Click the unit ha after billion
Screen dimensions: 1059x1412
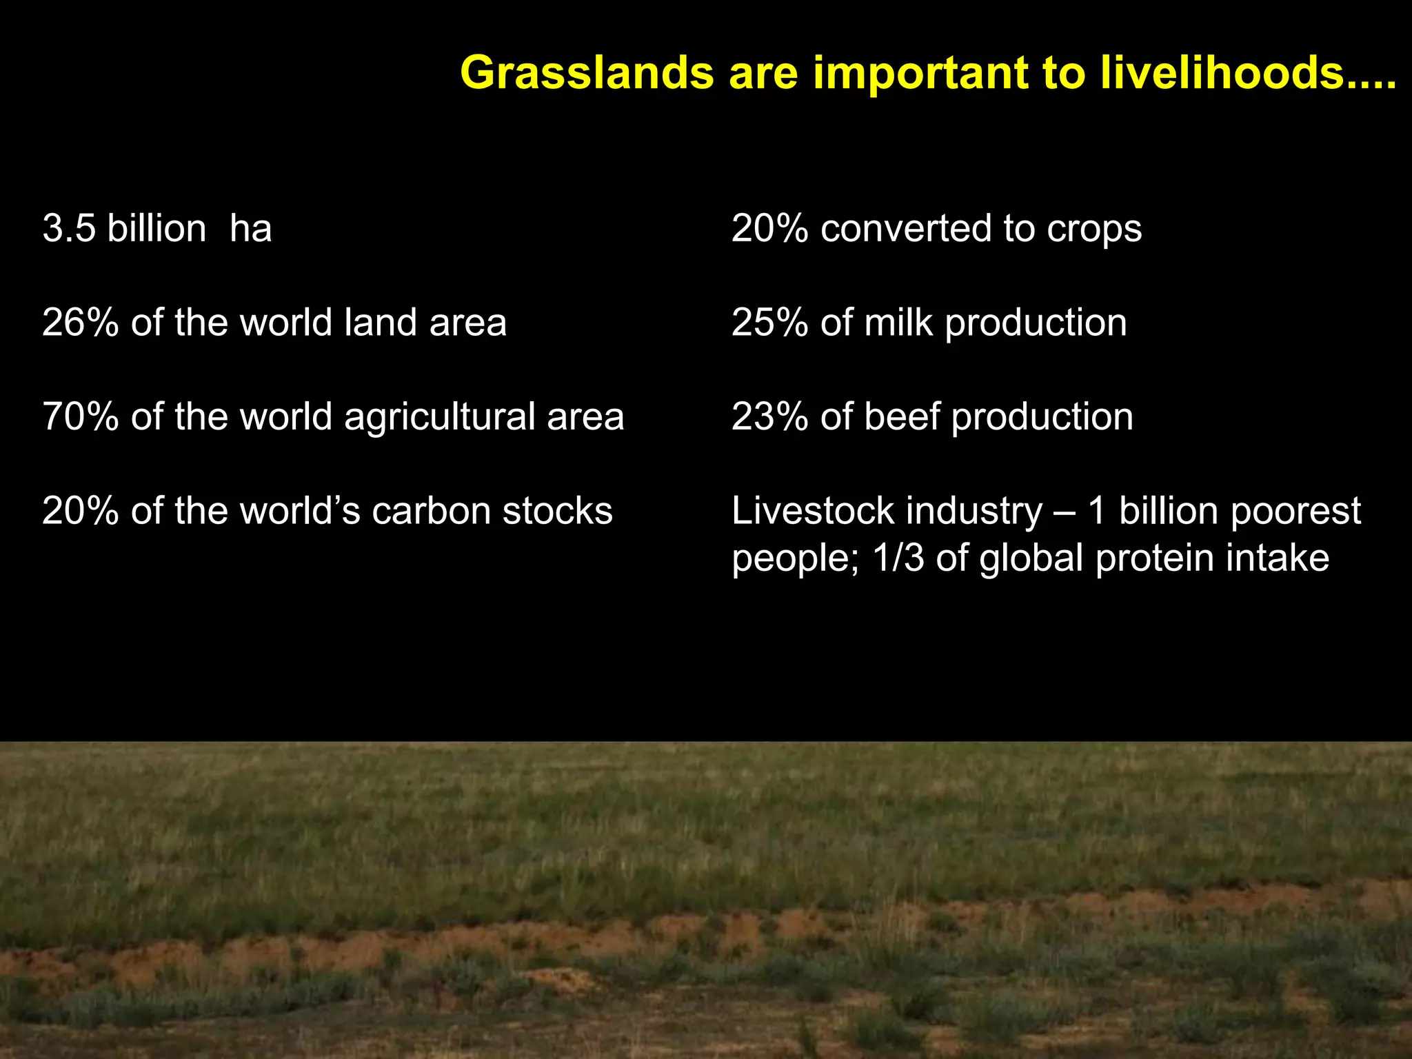pyautogui.click(x=250, y=229)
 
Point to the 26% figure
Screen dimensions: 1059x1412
pyautogui.click(x=80, y=323)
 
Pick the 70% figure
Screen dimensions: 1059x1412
pyautogui.click(x=80, y=417)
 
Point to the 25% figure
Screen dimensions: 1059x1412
pyautogui.click(x=769, y=323)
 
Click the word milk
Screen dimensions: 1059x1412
pyautogui.click(x=898, y=323)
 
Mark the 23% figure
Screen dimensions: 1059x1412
pyautogui.click(x=769, y=417)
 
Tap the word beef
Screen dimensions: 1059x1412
pyautogui.click(x=902, y=417)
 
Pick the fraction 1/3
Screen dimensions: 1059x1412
pyautogui.click(x=898, y=558)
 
